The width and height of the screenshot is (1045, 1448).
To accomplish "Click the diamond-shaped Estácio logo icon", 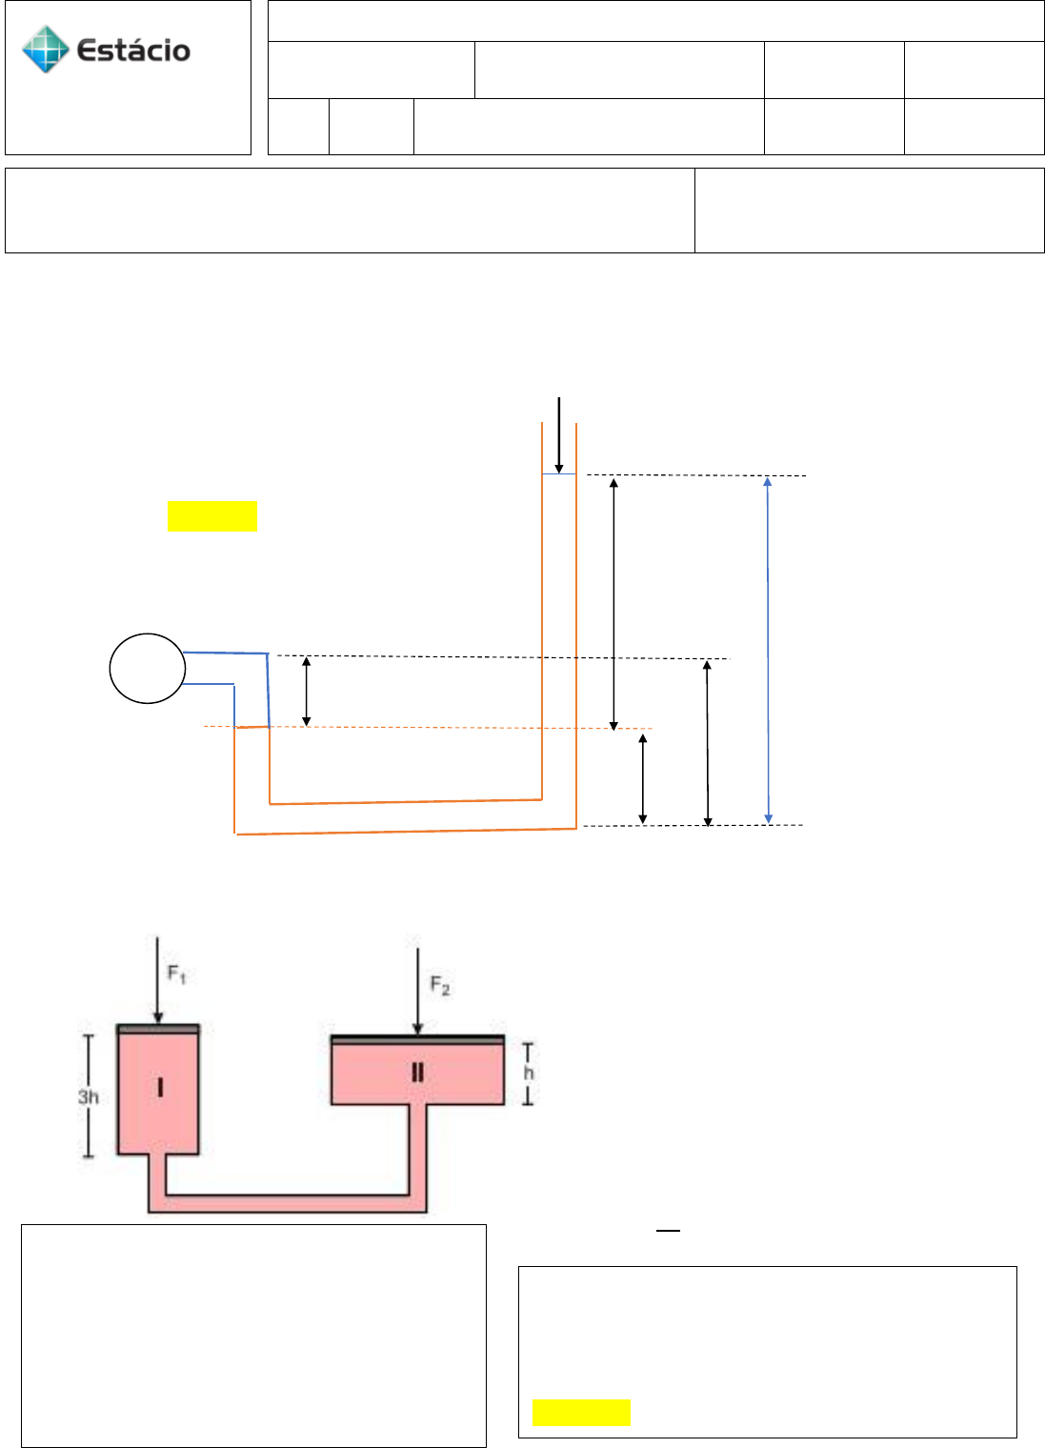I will tap(46, 50).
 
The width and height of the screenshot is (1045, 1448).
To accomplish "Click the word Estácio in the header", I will tap(133, 50).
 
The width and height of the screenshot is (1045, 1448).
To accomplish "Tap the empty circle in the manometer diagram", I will tap(147, 669).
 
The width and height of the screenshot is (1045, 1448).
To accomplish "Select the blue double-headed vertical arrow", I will tap(768, 650).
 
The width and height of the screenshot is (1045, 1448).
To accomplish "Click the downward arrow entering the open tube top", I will tap(559, 434).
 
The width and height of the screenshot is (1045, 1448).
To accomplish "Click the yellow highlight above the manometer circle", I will tap(212, 515).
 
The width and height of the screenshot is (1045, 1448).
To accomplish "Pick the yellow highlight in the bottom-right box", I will tap(581, 1413).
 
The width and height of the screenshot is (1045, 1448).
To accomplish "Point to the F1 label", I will tap(177, 974).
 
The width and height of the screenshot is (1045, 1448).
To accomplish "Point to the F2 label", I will tap(439, 985).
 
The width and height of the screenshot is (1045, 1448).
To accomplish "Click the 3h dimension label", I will tap(89, 1097).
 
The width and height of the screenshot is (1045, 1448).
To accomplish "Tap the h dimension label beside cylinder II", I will tap(529, 1074).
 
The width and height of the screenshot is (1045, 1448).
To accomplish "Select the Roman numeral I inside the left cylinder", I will tap(159, 1086).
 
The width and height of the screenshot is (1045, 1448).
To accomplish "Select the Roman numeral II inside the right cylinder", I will tap(417, 1073).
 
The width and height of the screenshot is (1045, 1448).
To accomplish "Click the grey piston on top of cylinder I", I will tap(158, 1029).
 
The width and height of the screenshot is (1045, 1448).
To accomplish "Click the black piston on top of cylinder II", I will tap(417, 1039).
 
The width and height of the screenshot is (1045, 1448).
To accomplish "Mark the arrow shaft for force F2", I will tap(417, 986).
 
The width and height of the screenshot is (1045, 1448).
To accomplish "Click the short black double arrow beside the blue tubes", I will tap(306, 691).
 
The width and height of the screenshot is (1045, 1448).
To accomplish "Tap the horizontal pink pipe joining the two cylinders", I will tap(286, 1203).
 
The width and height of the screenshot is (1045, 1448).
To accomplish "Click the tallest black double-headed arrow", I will tap(613, 603).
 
